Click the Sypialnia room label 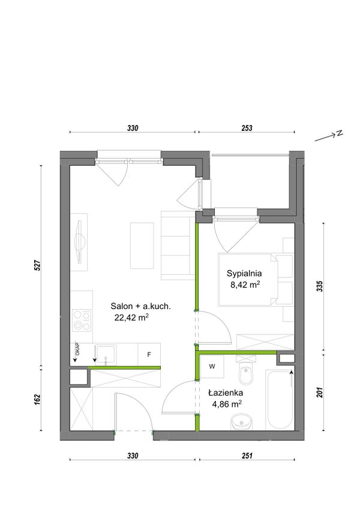pyautogui.click(x=244, y=274)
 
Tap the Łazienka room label pyautogui.click(x=226, y=393)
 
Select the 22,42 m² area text pyautogui.click(x=131, y=318)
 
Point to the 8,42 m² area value pyautogui.click(x=245, y=285)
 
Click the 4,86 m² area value pyautogui.click(x=226, y=404)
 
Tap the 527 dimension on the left pyautogui.click(x=37, y=265)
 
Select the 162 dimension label pyautogui.click(x=37, y=399)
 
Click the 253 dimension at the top pyautogui.click(x=247, y=128)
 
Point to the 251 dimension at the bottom pyautogui.click(x=247, y=456)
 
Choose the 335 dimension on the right pyautogui.click(x=320, y=286)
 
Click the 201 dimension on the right pyautogui.click(x=320, y=393)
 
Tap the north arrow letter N pyautogui.click(x=339, y=133)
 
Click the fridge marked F pyautogui.click(x=149, y=355)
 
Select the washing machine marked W pyautogui.click(x=212, y=367)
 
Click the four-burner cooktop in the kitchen pyautogui.click(x=82, y=320)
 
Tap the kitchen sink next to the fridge pyautogui.click(x=105, y=355)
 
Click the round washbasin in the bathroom pyautogui.click(x=242, y=422)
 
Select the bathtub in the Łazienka pyautogui.click(x=280, y=400)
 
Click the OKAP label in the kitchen pyautogui.click(x=77, y=349)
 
